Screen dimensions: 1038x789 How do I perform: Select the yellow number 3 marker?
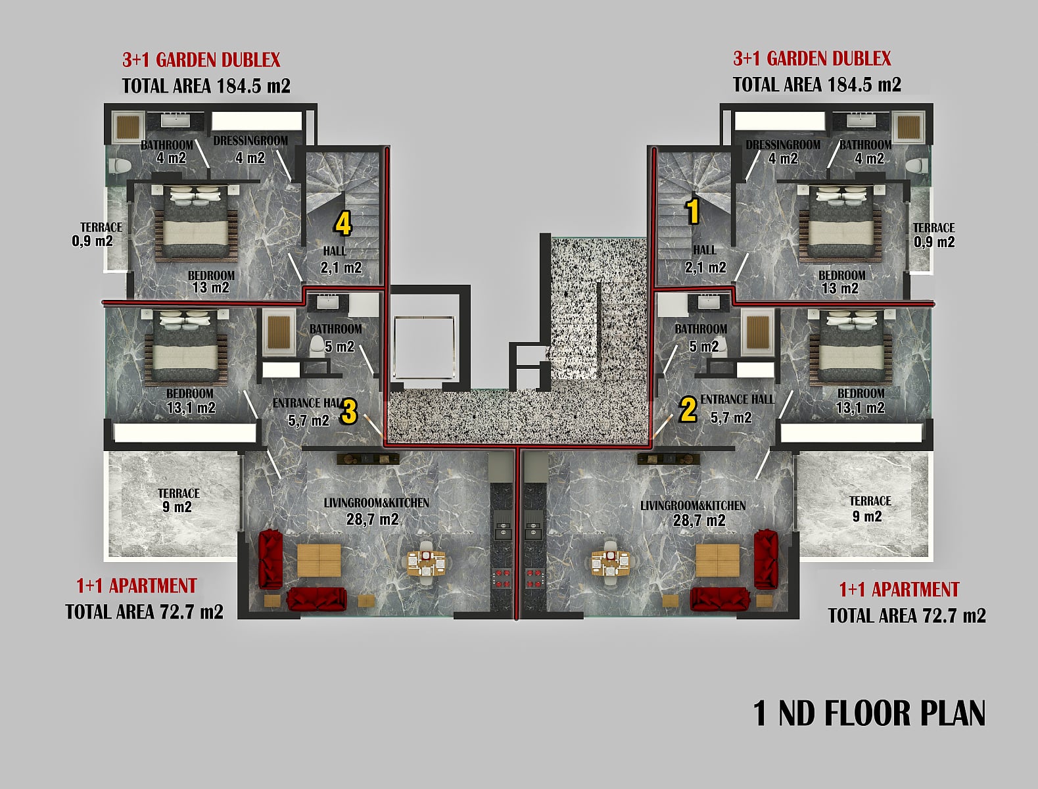point(348,412)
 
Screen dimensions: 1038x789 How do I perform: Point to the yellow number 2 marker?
point(688,409)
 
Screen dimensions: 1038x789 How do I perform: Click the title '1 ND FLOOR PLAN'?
point(869,714)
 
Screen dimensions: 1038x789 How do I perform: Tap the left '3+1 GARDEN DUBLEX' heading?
point(201,60)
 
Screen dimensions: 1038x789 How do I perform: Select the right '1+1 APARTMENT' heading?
point(899,589)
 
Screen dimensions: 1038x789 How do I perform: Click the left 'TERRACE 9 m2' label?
point(178,500)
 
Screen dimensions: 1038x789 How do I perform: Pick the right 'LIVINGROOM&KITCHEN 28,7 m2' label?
point(694,514)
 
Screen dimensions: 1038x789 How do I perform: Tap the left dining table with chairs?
point(426,558)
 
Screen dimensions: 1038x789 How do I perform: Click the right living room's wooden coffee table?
point(718,561)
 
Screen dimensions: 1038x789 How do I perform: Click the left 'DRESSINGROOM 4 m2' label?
point(250,149)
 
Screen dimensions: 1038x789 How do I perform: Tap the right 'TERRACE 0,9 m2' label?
point(934,235)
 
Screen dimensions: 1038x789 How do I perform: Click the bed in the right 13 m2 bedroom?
point(840,224)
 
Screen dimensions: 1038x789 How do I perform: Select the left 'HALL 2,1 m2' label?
point(341,260)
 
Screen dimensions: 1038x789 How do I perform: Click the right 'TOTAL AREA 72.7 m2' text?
point(907,616)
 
